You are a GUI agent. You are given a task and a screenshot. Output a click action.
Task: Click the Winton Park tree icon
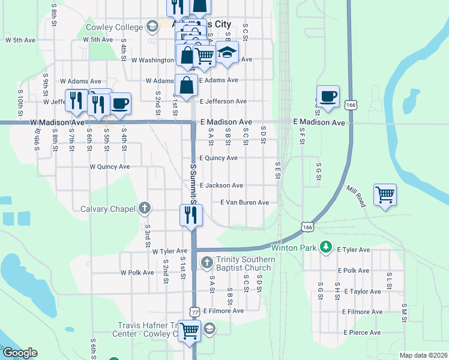pyautogui.click(x=325, y=247)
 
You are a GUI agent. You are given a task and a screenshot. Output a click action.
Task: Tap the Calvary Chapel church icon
pyautogui.click(x=143, y=209)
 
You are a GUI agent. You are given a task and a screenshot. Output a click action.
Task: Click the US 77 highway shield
pyautogui.click(x=194, y=312)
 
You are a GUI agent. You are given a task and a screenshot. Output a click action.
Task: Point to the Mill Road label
pyautogui.click(x=355, y=196)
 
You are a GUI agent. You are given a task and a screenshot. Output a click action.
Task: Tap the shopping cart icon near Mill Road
pyautogui.click(x=385, y=194)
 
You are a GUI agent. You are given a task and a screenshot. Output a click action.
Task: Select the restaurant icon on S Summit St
pyautogui.click(x=191, y=215)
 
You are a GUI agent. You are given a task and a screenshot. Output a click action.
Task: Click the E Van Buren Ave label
pyautogui.click(x=244, y=203)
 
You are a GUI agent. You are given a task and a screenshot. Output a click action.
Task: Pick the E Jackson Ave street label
pyautogui.click(x=221, y=186)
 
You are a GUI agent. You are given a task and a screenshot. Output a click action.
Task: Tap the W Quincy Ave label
pyautogui.click(x=109, y=167)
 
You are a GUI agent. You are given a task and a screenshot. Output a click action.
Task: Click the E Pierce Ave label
pyautogui.click(x=363, y=332)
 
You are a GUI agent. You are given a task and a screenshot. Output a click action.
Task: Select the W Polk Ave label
pyautogui.click(x=137, y=272)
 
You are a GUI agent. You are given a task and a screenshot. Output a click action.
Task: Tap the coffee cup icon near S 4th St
pyautogui.click(x=120, y=103)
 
